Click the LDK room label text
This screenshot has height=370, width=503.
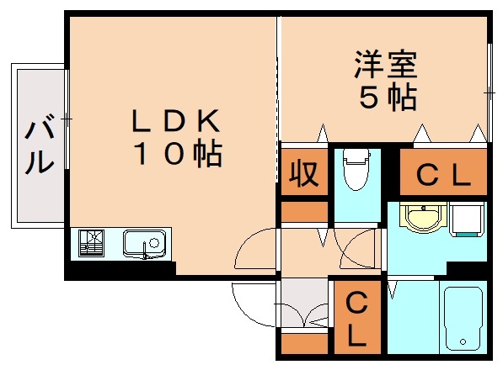pos(175,122)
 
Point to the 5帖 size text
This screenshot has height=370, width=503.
pos(387,98)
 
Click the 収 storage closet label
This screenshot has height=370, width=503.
pos(303,174)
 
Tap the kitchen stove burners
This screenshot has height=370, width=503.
pos(91,244)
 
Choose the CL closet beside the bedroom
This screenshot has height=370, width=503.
pos(442,176)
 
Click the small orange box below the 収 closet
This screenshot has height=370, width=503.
pos(303,210)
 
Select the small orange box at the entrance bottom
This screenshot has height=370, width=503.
pos(303,343)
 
